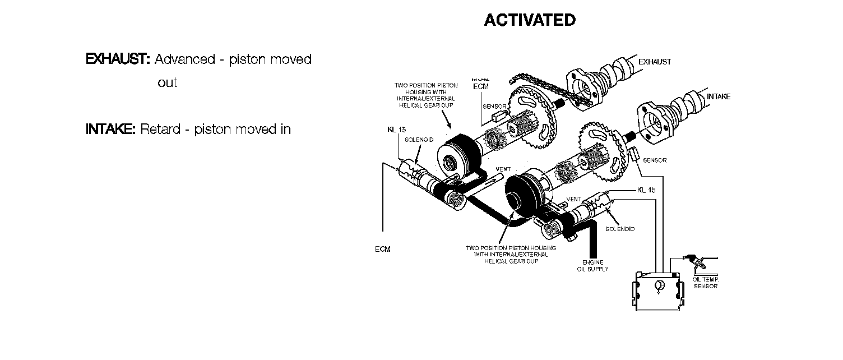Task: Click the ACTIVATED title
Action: [x=529, y=20]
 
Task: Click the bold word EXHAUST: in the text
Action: [x=117, y=59]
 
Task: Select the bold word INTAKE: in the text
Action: [x=110, y=129]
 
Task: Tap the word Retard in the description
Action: [x=160, y=129]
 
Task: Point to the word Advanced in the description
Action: [x=184, y=59]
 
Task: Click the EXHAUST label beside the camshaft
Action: [x=655, y=62]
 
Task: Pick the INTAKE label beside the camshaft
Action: [x=718, y=96]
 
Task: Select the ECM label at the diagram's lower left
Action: [x=383, y=250]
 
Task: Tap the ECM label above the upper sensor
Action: [x=481, y=86]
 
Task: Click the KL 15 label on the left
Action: [x=396, y=130]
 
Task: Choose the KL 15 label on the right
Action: [x=646, y=190]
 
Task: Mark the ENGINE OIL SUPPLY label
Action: [x=592, y=265]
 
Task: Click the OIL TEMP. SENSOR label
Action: [x=706, y=282]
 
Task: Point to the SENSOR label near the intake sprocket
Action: [x=655, y=160]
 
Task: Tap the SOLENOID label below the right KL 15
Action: [x=620, y=229]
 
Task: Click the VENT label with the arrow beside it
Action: [x=503, y=169]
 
